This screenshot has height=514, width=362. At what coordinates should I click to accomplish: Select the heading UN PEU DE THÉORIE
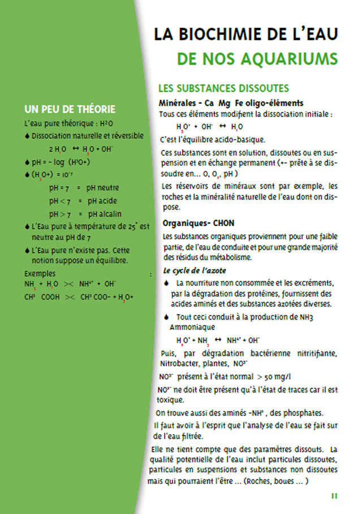pyautogui.click(x=70, y=109)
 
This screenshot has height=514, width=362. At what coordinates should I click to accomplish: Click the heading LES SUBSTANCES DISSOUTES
pyautogui.click(x=224, y=88)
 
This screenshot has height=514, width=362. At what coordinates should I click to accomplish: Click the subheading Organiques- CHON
pyautogui.click(x=197, y=223)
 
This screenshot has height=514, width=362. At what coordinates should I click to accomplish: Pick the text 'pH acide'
pyautogui.click(x=102, y=201)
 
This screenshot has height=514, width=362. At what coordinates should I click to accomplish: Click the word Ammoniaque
pyautogui.click(x=191, y=327)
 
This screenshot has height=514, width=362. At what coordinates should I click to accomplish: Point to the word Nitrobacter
pyautogui.click(x=180, y=364)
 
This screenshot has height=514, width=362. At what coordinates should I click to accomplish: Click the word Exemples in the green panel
pyautogui.click(x=40, y=274)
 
